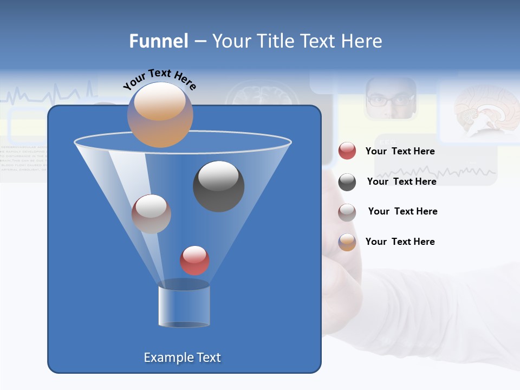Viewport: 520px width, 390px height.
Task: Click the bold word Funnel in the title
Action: pos(159,41)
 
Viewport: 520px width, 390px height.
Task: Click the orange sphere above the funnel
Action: pos(160,114)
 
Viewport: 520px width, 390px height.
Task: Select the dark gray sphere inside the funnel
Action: pos(219,186)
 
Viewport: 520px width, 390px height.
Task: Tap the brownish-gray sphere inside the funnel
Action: pos(151,214)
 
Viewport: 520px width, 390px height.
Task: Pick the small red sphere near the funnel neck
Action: pos(194,261)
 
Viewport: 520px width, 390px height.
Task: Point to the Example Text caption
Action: pos(182,357)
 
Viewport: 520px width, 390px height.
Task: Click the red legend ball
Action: pos(347,151)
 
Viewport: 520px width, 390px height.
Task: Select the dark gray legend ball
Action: pos(347,182)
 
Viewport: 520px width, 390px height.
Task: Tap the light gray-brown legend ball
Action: pos(347,212)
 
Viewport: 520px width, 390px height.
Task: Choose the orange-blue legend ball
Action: pos(347,242)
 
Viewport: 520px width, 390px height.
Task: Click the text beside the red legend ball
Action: pos(400,152)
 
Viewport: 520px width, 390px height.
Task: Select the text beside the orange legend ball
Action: pos(400,242)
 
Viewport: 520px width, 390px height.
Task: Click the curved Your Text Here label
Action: pos(159,79)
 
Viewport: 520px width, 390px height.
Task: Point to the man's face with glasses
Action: pos(391,99)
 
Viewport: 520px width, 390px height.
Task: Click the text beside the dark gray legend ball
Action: pos(401,181)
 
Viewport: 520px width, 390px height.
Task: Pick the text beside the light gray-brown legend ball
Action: pos(402,211)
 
